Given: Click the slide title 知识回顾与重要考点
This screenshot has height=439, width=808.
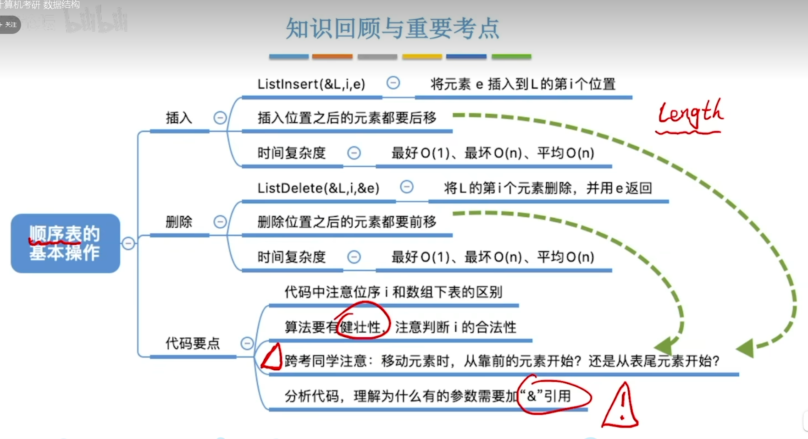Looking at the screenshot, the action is click(x=393, y=28).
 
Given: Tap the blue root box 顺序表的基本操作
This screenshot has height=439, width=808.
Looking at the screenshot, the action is click(x=65, y=243).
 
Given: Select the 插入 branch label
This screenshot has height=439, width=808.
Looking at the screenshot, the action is click(x=179, y=118).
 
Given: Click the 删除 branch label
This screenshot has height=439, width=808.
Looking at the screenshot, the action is click(x=179, y=222).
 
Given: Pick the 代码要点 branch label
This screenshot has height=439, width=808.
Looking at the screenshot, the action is click(x=193, y=343).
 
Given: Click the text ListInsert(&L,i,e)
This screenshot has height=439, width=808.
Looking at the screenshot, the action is click(x=311, y=84).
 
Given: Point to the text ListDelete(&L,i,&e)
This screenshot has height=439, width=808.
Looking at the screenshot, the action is click(x=318, y=188).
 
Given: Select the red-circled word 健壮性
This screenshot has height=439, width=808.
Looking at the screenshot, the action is click(x=362, y=327).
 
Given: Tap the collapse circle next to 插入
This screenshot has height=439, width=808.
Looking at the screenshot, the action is click(x=220, y=118).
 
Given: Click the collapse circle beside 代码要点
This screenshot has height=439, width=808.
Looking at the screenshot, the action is click(x=247, y=343).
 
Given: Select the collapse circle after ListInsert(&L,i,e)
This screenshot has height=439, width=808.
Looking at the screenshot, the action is click(x=393, y=83).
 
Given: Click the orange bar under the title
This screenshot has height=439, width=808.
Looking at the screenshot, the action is click(x=332, y=57).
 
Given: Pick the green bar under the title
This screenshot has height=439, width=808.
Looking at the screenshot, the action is click(x=511, y=57).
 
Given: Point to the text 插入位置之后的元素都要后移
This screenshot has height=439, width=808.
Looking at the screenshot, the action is click(x=347, y=118).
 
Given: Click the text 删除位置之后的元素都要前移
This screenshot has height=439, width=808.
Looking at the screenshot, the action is click(x=347, y=222).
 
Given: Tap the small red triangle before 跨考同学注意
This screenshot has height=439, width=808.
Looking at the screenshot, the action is click(x=272, y=358).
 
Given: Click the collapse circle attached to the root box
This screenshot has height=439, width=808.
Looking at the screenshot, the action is click(x=128, y=243).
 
